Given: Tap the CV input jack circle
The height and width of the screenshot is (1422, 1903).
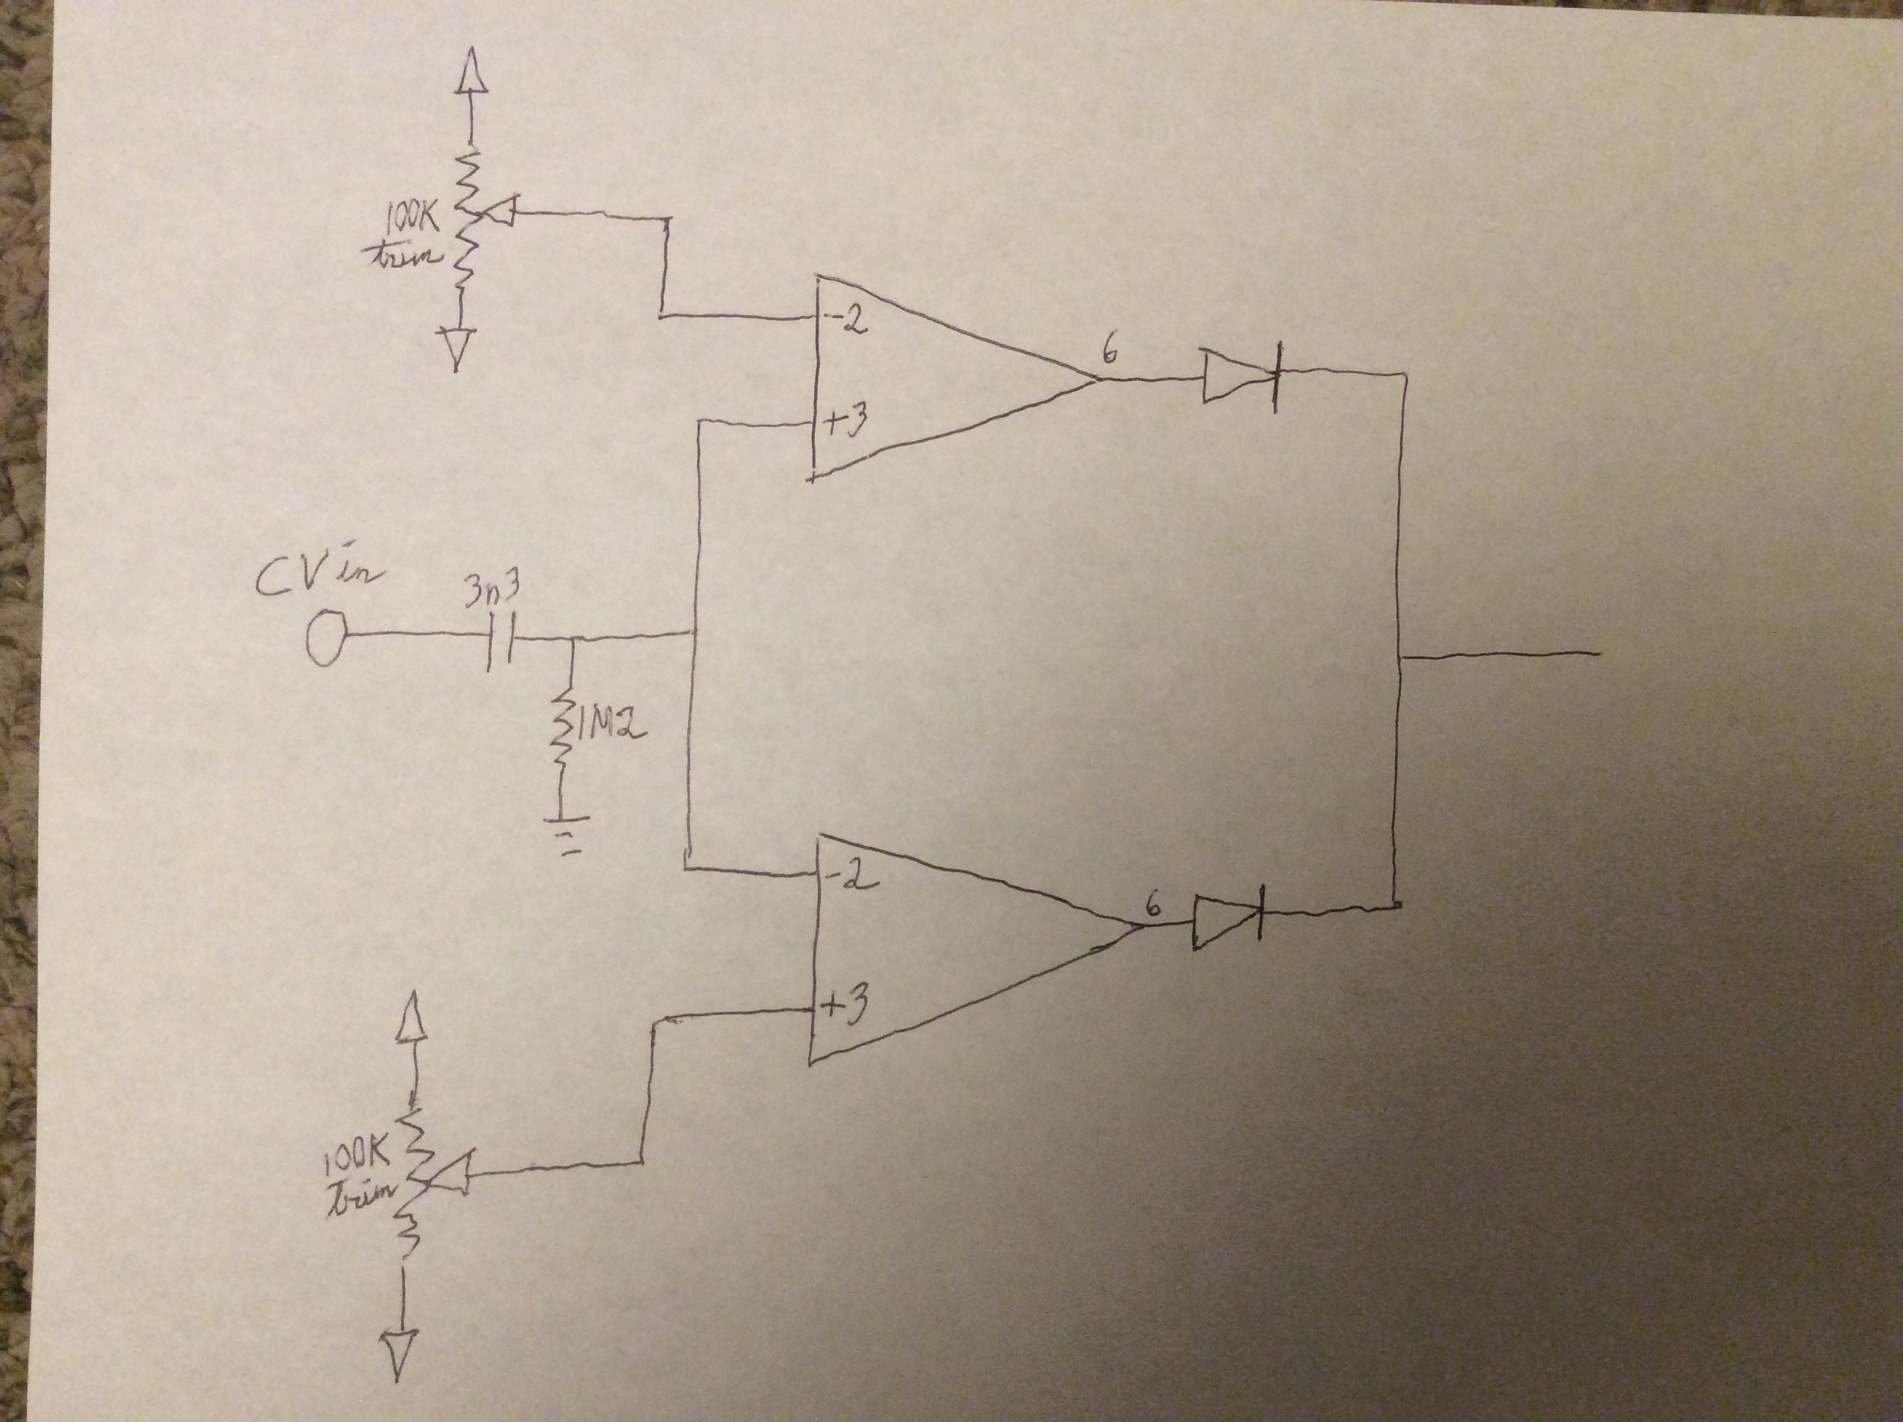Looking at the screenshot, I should (325, 636).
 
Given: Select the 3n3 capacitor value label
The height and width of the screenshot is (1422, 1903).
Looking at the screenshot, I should (491, 592).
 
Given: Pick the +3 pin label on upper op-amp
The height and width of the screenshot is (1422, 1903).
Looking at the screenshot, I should (847, 422).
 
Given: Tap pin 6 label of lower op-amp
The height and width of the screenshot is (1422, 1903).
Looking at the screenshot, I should (1153, 906).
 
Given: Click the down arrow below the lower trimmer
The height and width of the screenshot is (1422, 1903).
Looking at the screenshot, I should (397, 1352).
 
